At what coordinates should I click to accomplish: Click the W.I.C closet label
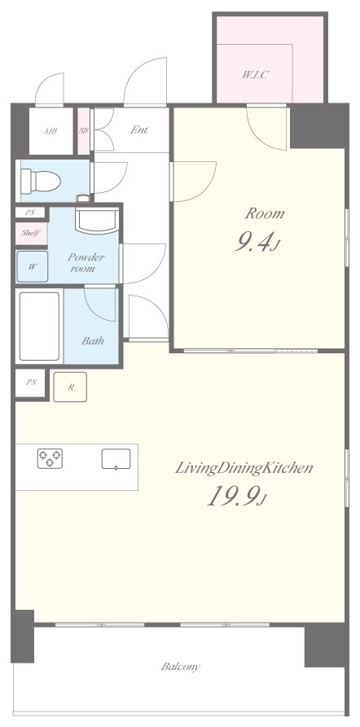pyautogui.click(x=255, y=75)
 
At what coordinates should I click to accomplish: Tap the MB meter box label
pyautogui.click(x=50, y=131)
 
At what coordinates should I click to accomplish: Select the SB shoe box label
pyautogui.click(x=84, y=131)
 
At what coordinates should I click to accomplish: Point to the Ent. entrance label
pyautogui.click(x=139, y=129)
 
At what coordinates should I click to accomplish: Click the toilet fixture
pyautogui.click(x=41, y=180)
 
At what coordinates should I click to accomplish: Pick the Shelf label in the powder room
pyautogui.click(x=31, y=233)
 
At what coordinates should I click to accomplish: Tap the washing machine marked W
pyautogui.click(x=32, y=266)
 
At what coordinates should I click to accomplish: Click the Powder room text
pyautogui.click(x=86, y=262)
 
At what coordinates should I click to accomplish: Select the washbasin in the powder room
pyautogui.click(x=97, y=221)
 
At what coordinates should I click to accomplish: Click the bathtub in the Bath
pyautogui.click(x=39, y=326)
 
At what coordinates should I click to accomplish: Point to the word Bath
pyautogui.click(x=92, y=341)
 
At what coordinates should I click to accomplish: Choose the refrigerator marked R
pyautogui.click(x=70, y=387)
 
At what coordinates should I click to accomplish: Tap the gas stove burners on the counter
pyautogui.click(x=50, y=458)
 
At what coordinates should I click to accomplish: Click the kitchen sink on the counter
pyautogui.click(x=116, y=459)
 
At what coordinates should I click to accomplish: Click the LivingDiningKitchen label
pyautogui.click(x=244, y=468)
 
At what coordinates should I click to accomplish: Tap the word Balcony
pyautogui.click(x=181, y=667)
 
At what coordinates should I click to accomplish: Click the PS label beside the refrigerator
pyautogui.click(x=31, y=383)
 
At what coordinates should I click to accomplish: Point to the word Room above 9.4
pyautogui.click(x=265, y=214)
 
